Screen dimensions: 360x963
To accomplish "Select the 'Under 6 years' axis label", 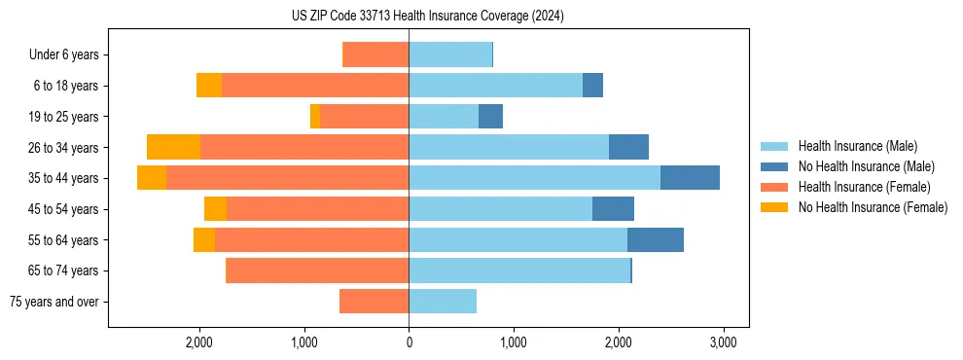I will pyautogui.click(x=69, y=55).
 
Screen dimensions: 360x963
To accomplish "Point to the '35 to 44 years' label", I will pyautogui.click(x=63, y=178).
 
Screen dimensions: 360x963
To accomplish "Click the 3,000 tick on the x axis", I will pyautogui.click(x=722, y=342).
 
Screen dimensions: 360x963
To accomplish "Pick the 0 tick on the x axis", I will pyautogui.click(x=409, y=342).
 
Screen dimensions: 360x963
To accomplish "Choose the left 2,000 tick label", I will pyautogui.click(x=199, y=342).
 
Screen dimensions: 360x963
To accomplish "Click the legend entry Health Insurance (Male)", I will pyautogui.click(x=857, y=146).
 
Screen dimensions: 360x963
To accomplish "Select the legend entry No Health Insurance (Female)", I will pyautogui.click(x=873, y=207).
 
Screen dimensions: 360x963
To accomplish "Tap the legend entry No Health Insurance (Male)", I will pyautogui.click(x=866, y=166).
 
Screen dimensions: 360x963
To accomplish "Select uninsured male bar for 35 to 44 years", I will pyautogui.click(x=690, y=178).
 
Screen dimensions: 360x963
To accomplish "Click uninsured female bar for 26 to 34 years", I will pyautogui.click(x=173, y=147).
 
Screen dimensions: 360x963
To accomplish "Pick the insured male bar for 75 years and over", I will pyautogui.click(x=443, y=302).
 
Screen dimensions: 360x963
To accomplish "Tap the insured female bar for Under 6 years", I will pyautogui.click(x=376, y=55).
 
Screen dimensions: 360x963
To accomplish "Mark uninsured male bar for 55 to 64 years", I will pyautogui.click(x=656, y=239).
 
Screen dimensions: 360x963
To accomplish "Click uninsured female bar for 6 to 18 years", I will pyautogui.click(x=209, y=86).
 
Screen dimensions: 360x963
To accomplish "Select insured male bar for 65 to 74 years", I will pyautogui.click(x=519, y=270).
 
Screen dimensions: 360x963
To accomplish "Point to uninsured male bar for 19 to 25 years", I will pyautogui.click(x=490, y=117).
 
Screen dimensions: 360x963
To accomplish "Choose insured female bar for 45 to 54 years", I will pyautogui.click(x=317, y=209).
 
